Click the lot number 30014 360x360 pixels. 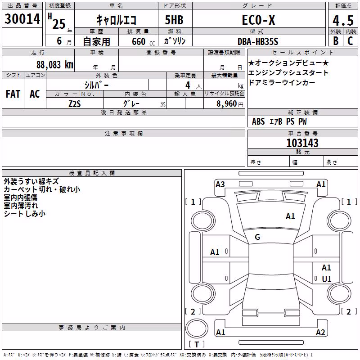pos(22,19)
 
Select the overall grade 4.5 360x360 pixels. pos(343,21)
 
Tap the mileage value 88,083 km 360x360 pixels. pos(54,65)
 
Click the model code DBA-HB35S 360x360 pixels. pos(258,41)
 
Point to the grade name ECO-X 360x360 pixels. pos(258,20)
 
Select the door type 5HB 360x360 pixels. pos(174,20)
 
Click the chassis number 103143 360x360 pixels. pos(302,143)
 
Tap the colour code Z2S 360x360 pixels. pos(75,104)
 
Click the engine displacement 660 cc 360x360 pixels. pos(143,42)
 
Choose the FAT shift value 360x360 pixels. pos(13,94)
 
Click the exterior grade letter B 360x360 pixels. pos(336,41)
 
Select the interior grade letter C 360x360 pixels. pos(350,41)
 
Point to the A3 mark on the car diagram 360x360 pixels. pos(220,184)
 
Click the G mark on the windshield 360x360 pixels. pos(257,237)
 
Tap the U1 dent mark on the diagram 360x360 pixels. pos(327,279)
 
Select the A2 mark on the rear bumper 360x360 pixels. pos(320,332)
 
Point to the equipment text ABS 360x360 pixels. pos(258,121)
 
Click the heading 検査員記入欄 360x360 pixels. pos(92,173)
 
